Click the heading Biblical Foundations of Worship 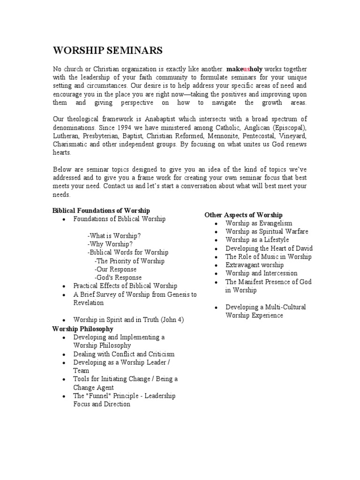click(x=101, y=210)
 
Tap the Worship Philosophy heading click(x=82, y=329)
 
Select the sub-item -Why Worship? click(x=110, y=244)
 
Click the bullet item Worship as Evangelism click(x=259, y=223)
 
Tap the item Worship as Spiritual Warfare click(x=267, y=232)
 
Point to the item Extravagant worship click(x=255, y=265)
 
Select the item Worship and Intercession click(x=261, y=273)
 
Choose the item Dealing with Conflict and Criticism click(x=124, y=354)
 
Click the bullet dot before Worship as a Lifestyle click(x=216, y=240)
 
